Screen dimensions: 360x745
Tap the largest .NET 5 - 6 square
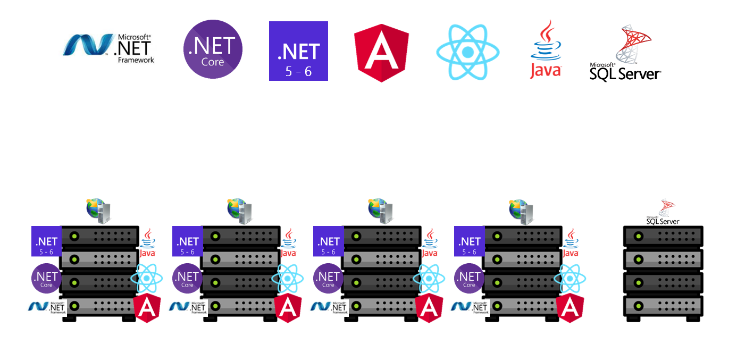click(298, 51)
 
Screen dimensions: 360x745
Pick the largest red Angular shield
click(381, 52)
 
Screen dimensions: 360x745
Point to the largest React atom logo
click(468, 52)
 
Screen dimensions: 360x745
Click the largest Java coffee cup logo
click(545, 50)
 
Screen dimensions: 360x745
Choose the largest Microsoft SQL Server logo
click(625, 53)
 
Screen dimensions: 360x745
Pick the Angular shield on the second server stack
click(288, 308)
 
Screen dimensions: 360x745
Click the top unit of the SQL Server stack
click(663, 235)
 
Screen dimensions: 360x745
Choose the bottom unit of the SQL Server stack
click(663, 306)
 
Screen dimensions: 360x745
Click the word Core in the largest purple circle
click(213, 62)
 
